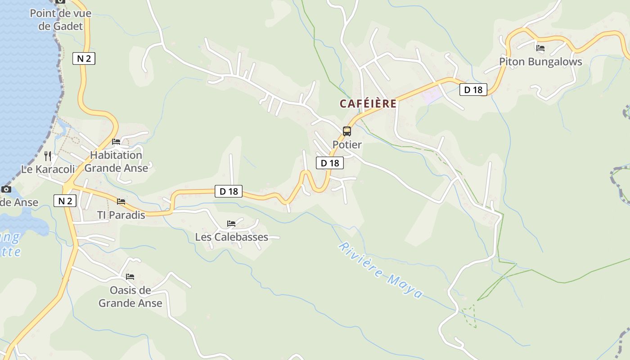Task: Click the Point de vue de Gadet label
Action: coord(61,20)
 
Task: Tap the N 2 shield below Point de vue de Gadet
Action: coord(84,58)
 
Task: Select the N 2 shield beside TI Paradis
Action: coord(65,201)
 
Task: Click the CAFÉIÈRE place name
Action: coord(368,104)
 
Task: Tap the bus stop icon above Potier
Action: coord(347,131)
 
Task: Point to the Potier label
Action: coord(347,145)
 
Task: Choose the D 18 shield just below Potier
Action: coord(330,163)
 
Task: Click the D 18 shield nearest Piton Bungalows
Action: coord(473,90)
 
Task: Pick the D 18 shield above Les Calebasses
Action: coord(229,191)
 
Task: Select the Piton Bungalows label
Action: coord(540,62)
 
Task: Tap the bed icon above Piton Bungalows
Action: coord(540,48)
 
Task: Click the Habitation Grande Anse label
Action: coord(116,162)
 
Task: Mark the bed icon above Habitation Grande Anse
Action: coord(116,142)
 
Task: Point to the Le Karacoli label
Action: coord(48,170)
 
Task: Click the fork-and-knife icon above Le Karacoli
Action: coord(48,156)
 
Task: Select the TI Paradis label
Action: coord(121,215)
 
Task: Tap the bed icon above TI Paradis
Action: coord(121,201)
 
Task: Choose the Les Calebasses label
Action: coord(231,237)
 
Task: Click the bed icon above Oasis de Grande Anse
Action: coord(130,276)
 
